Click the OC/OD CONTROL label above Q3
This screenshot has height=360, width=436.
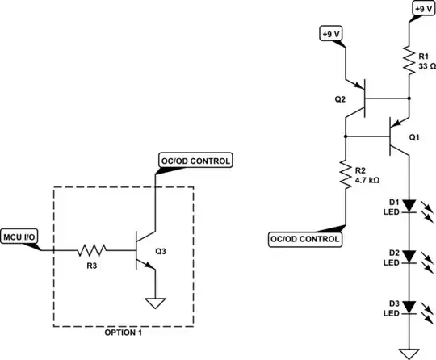tap(195, 161)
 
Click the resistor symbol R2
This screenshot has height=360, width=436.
tap(346, 175)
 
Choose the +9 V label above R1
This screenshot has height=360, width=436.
tap(421, 9)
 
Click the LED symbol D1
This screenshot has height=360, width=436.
tap(410, 207)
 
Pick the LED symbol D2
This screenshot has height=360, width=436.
tap(410, 257)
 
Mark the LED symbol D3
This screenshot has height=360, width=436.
tap(410, 307)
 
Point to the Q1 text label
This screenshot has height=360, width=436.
tap(414, 137)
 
